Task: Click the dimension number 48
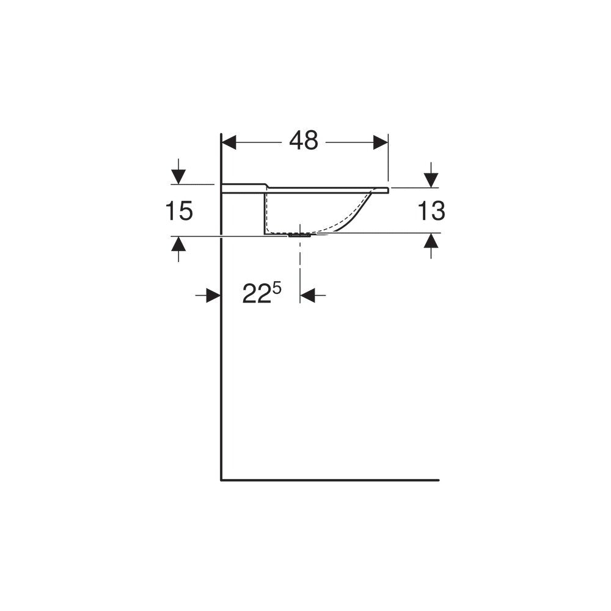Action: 304,141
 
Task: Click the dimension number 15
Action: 179,211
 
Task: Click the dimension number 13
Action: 431,211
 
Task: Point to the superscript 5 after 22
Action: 277,289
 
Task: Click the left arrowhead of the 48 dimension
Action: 229,142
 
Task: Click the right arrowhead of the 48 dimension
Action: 380,142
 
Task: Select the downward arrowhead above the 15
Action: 178,177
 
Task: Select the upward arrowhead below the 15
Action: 178,244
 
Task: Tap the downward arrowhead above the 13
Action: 431,180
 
